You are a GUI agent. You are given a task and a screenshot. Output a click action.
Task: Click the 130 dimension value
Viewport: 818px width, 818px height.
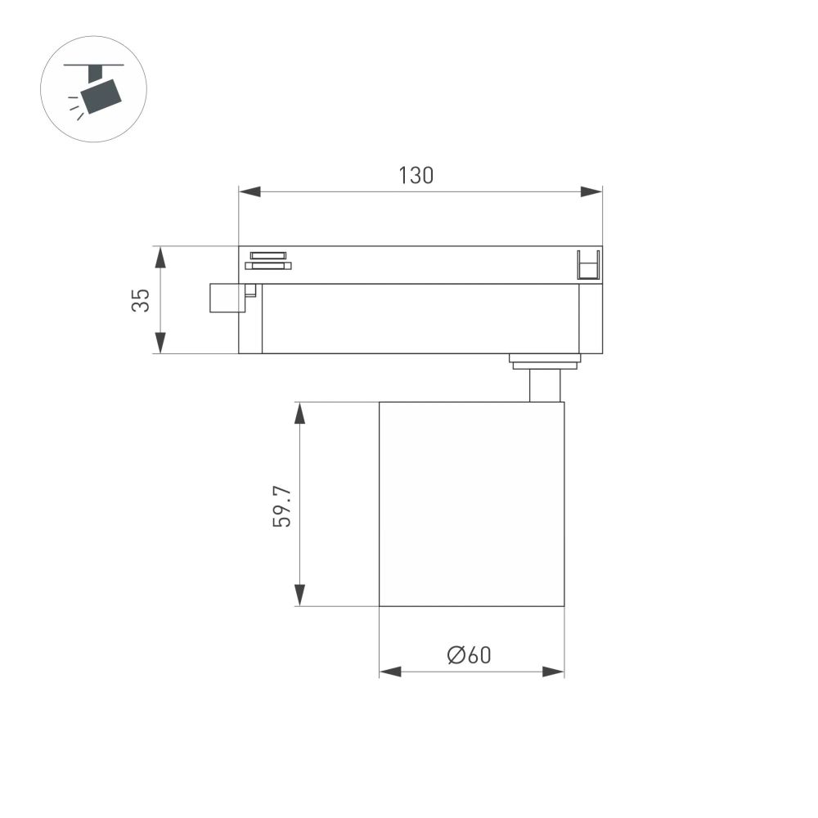pos(416,175)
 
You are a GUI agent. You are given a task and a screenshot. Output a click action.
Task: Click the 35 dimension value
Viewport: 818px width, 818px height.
pos(141,300)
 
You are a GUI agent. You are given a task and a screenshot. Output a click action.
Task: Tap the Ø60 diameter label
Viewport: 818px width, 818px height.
pos(470,654)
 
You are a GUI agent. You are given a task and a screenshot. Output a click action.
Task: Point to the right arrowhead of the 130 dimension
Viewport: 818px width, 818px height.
pos(591,191)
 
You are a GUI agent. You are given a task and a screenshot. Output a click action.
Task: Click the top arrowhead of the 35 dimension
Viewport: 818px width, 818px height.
pos(160,257)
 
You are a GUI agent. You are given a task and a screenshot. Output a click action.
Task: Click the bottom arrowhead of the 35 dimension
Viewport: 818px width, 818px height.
pos(160,343)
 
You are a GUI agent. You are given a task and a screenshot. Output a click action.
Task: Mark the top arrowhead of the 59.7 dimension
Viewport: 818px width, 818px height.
pos(300,412)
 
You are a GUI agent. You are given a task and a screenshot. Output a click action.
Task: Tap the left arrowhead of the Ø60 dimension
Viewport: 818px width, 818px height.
pos(390,672)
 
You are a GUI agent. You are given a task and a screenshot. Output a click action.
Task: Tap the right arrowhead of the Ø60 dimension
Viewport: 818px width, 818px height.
pos(554,672)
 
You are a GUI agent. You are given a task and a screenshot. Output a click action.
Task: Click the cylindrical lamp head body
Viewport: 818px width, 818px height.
pos(471,503)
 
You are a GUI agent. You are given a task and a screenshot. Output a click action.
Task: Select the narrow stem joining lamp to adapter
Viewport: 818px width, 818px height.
pos(545,385)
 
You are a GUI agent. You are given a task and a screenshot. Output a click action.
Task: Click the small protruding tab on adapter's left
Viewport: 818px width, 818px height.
pos(227,298)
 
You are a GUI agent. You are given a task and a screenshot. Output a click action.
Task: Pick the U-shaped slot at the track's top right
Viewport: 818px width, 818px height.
pos(589,266)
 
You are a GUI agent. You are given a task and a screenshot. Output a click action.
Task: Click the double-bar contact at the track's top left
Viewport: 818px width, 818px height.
pos(267,259)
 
